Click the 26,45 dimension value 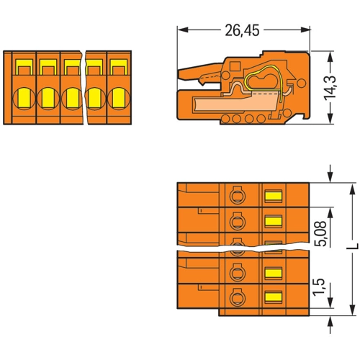click(242, 30)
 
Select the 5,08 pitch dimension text click(320, 233)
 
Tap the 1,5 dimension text click(320, 287)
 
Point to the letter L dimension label click(353, 246)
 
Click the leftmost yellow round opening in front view click(24, 98)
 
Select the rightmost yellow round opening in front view click(119, 98)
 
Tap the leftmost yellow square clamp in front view click(24, 67)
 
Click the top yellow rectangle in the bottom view click(273, 197)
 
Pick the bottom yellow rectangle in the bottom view click(273, 297)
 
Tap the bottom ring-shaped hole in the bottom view click(238, 297)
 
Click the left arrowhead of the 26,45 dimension click(182, 30)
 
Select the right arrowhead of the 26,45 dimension click(305, 30)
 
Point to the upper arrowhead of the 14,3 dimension click(330, 56)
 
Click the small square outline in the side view click(235, 66)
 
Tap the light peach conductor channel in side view click(236, 103)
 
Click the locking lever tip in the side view click(180, 74)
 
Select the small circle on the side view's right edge click(302, 84)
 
